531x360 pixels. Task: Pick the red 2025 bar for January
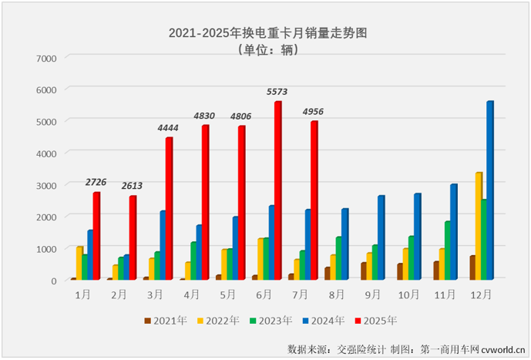click(x=96, y=236)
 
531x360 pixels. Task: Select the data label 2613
click(x=132, y=186)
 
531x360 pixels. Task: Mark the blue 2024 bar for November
click(x=453, y=232)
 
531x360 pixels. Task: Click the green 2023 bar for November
click(x=447, y=251)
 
